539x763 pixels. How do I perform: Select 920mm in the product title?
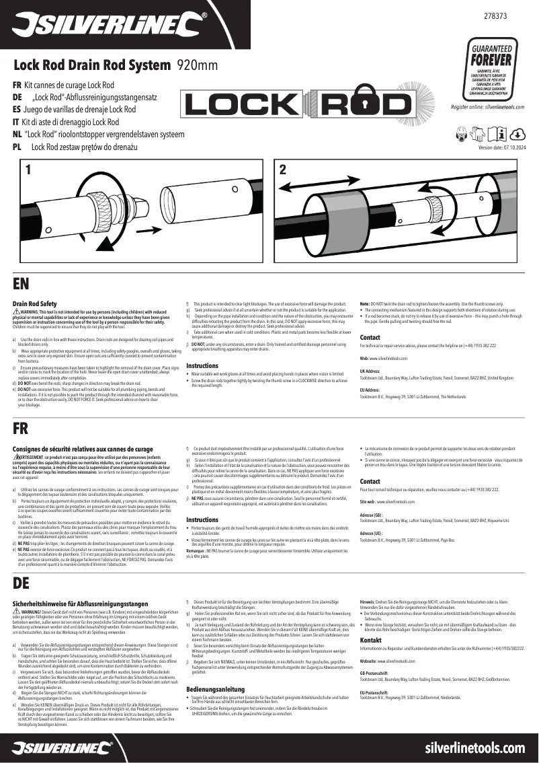198,65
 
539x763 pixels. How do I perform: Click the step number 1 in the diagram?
29,170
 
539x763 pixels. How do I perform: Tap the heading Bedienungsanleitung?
215,689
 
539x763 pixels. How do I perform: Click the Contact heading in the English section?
370,337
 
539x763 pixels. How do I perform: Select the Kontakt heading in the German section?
371,639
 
